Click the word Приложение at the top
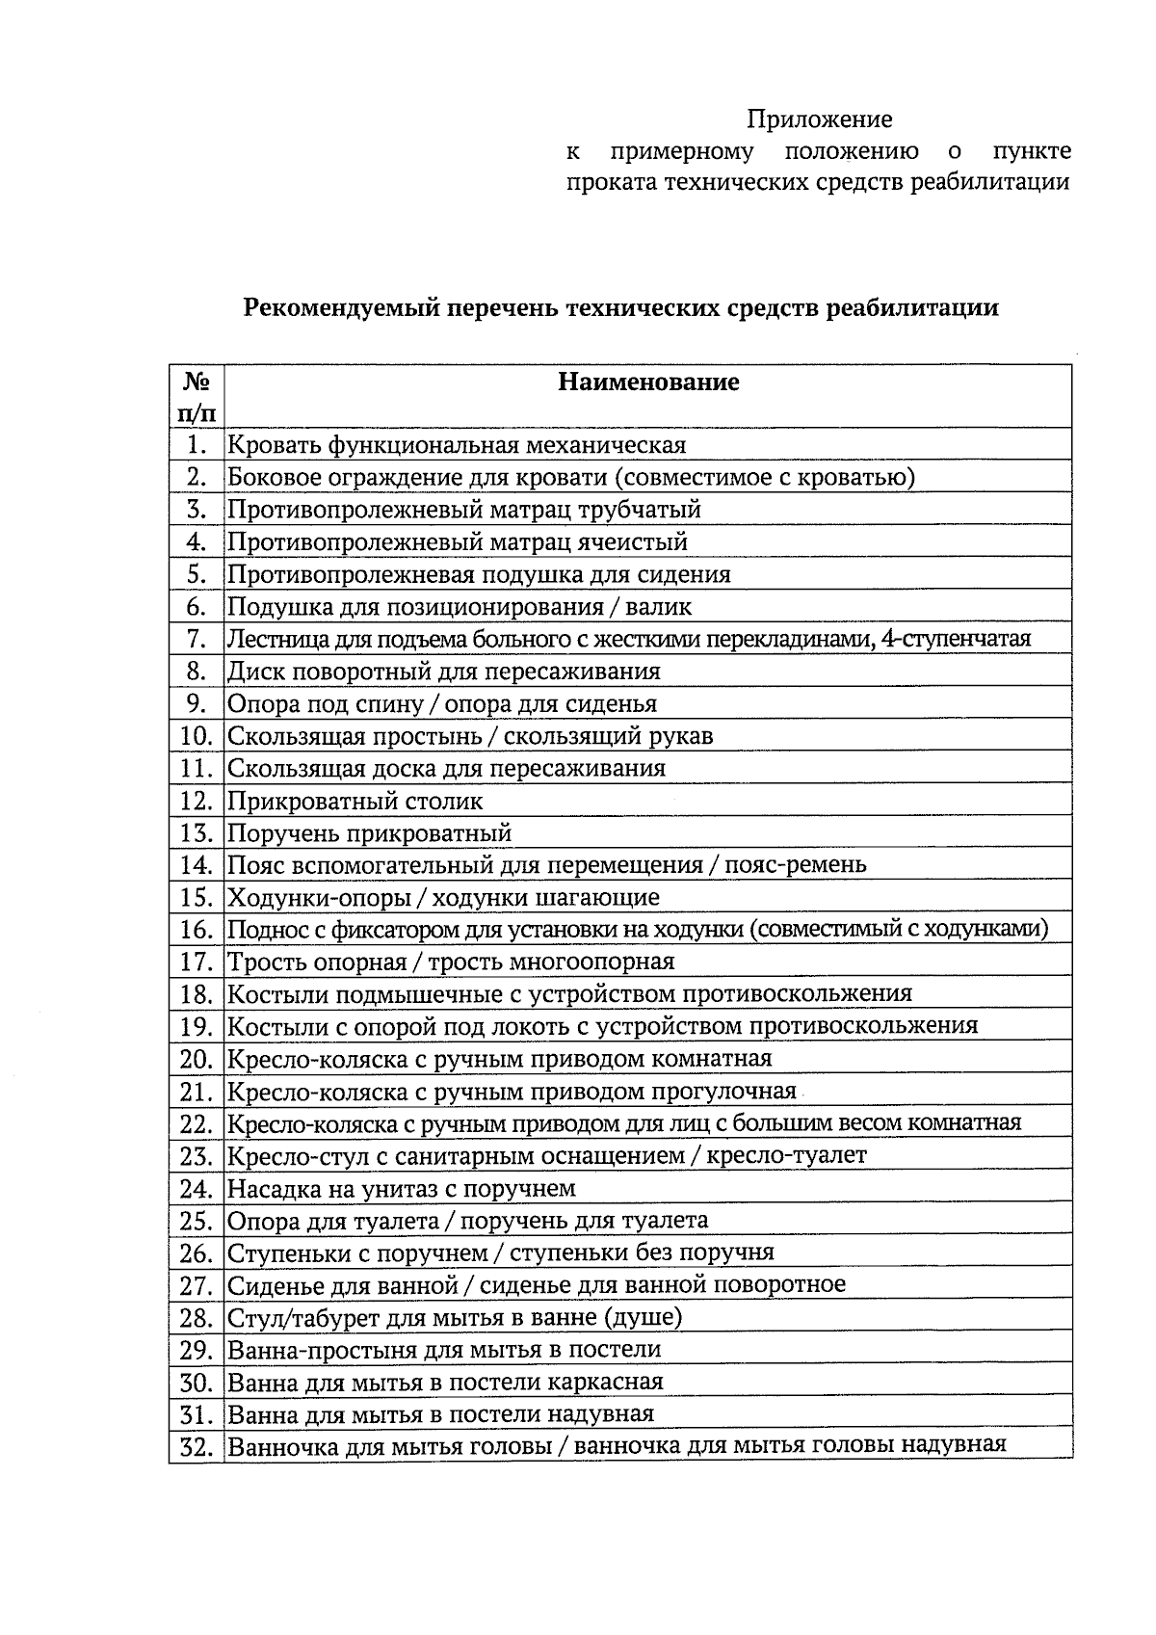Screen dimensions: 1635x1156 point(820,119)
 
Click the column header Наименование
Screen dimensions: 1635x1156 point(648,382)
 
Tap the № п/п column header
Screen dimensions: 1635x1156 point(197,397)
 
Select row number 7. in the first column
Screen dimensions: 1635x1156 point(197,639)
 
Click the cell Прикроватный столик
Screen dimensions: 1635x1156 point(355,801)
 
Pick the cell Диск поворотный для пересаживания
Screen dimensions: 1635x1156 point(443,672)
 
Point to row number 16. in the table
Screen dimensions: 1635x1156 point(196,930)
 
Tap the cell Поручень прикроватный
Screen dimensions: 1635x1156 point(369,833)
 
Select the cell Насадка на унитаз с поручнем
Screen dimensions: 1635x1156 point(401,1188)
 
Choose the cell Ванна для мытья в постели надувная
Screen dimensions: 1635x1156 point(440,1414)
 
